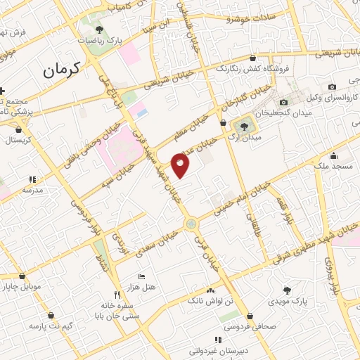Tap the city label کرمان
pos(62,70)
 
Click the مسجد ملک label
pos(333,166)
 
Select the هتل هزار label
pos(142,288)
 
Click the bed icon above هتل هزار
pos(141,276)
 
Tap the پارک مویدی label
pos(286,301)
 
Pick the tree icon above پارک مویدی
pos(286,290)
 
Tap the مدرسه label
pos(32,190)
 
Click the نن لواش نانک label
pos(210,301)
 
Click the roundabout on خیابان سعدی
pos(191,224)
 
